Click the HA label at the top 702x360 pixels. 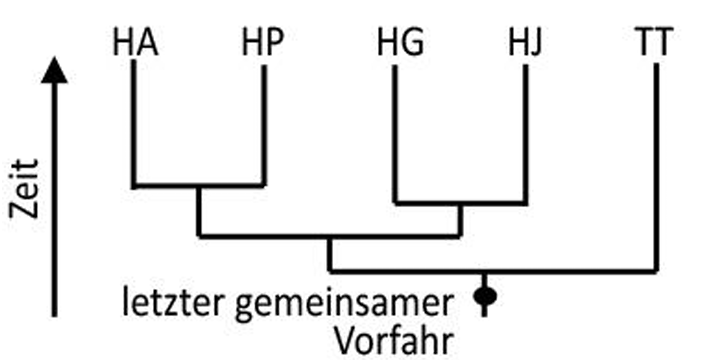135,44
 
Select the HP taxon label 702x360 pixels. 264,44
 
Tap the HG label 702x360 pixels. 399,44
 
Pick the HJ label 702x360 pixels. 523,44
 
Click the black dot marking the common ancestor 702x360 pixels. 485,296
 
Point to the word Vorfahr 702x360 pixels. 392,339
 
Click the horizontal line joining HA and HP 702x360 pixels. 199,185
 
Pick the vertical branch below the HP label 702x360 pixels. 264,125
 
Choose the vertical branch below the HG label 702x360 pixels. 396,135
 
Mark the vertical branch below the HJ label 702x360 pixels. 524,135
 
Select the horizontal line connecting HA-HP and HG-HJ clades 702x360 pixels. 330,236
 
